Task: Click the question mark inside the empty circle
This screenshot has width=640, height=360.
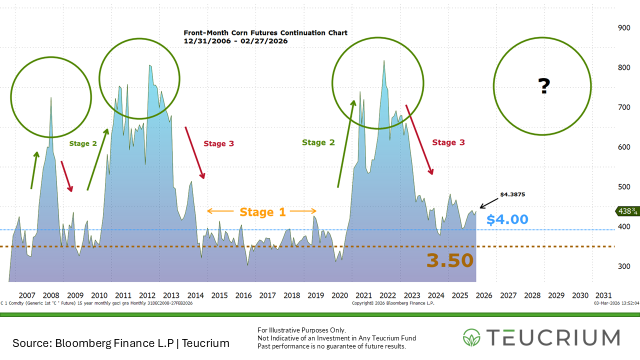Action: coord(543,87)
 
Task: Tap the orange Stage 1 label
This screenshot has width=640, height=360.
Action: coord(262,212)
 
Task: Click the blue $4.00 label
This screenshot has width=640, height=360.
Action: coord(507,219)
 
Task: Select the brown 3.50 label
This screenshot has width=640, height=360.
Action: coord(449,260)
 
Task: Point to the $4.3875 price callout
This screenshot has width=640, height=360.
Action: coord(512,194)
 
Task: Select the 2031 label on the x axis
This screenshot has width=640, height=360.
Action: coord(603,295)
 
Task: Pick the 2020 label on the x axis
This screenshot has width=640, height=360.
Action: coord(339,295)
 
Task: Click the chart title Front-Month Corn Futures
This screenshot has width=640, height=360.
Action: coord(265,33)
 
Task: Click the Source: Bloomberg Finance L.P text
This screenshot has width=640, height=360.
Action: coord(121,343)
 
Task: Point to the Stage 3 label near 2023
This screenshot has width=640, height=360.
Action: coord(448,142)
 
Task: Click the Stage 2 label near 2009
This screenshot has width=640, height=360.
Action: coord(83,143)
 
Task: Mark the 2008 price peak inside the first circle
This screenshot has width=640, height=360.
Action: coord(51,98)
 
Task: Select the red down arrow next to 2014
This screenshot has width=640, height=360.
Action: coord(195,152)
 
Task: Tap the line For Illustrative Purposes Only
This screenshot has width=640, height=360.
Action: coord(301,330)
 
